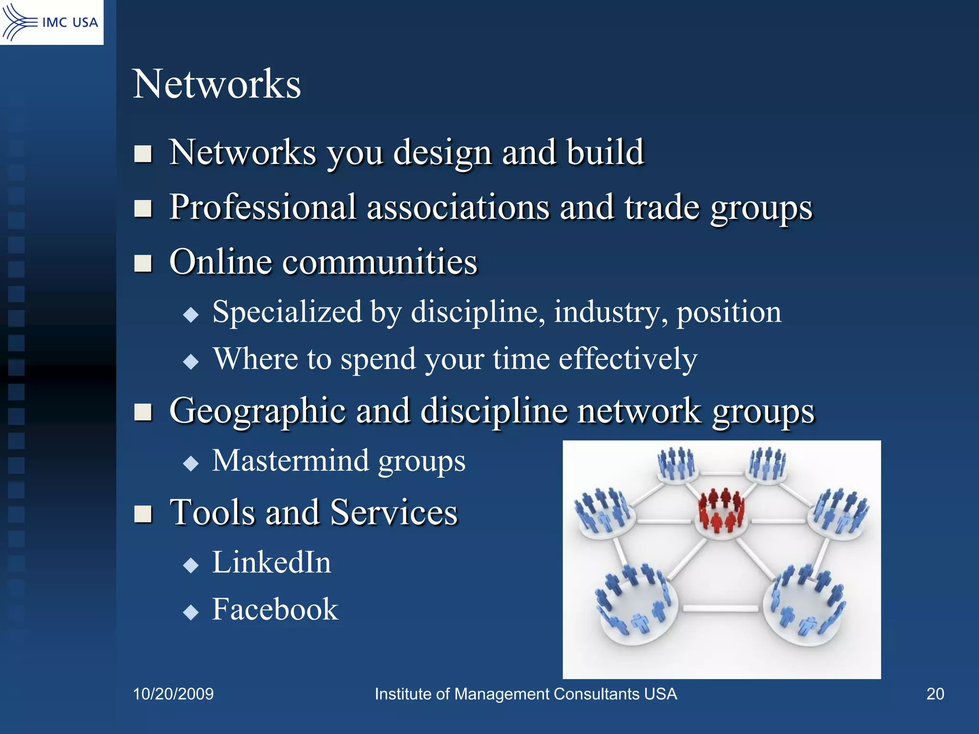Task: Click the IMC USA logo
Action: [x=51, y=22]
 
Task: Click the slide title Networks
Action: [x=217, y=84]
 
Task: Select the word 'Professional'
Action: [x=263, y=208]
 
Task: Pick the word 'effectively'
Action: [x=628, y=359]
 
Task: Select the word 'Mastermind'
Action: [x=291, y=461]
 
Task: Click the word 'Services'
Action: [x=394, y=512]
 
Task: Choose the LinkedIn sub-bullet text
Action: [x=272, y=562]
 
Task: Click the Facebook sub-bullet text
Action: [x=275, y=609]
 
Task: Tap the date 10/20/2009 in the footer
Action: [x=173, y=694]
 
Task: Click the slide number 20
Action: [x=935, y=694]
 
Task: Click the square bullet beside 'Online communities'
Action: [x=143, y=263]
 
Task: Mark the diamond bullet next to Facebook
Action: [x=191, y=612]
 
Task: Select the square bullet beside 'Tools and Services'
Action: [x=143, y=514]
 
